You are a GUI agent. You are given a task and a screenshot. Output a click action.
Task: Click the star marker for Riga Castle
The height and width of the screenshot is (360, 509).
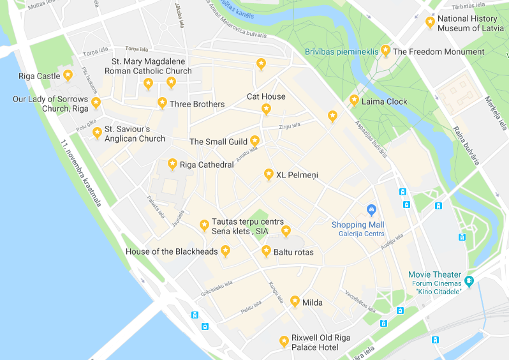pos(68,76)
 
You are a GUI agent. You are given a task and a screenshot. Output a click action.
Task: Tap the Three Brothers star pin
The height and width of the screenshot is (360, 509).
pos(163,103)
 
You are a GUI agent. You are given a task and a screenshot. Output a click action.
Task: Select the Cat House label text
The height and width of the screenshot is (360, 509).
pos(266,96)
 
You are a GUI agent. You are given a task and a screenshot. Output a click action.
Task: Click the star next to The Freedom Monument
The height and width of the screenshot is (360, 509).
pos(385,50)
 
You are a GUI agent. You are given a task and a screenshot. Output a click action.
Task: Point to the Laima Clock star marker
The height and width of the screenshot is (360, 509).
pos(354,100)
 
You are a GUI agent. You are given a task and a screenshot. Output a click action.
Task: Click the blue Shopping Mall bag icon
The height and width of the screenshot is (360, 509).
pos(371,209)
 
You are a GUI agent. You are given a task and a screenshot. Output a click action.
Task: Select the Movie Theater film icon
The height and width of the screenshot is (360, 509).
pos(469,280)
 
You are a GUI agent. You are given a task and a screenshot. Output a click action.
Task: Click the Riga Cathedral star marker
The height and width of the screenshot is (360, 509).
pos(172,164)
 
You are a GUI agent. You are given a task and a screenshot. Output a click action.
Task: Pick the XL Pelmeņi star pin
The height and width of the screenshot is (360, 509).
pos(269,174)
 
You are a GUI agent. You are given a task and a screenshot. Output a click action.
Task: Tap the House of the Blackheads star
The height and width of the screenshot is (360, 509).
pos(225,251)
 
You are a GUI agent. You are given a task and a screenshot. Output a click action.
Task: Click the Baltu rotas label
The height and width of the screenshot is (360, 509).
pos(293,252)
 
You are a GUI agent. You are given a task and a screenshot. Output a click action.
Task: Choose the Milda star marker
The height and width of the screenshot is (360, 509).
pos(295,301)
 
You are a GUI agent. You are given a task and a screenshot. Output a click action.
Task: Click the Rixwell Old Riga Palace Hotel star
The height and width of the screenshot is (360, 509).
pos(284,341)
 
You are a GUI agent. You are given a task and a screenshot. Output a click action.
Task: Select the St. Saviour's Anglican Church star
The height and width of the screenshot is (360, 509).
pos(97,133)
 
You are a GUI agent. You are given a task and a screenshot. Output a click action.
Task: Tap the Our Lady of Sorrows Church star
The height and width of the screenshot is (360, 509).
pos(96,103)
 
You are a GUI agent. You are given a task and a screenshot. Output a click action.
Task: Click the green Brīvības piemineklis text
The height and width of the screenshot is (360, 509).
pos(341,52)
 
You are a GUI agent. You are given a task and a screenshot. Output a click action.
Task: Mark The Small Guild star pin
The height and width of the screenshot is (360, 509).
pos(255,140)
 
